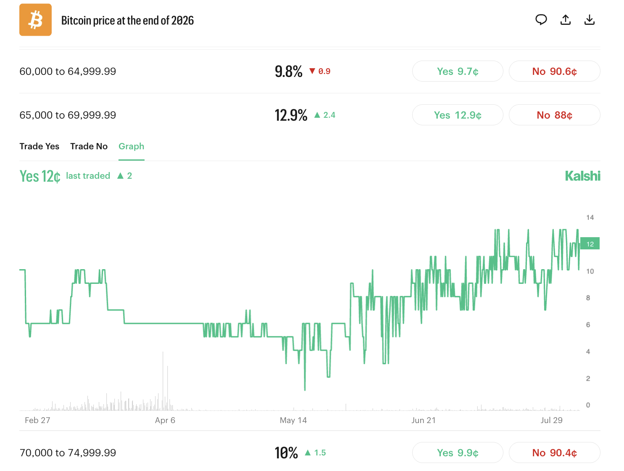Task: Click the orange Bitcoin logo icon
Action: [35, 20]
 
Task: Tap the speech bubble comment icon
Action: [541, 20]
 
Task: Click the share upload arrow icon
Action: [565, 20]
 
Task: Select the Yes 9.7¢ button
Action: [458, 71]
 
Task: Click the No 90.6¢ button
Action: [554, 71]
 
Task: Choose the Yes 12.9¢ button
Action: [458, 115]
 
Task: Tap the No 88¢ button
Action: [554, 115]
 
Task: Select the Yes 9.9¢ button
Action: [458, 452]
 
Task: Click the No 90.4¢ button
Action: [554, 452]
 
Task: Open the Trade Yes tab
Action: [39, 146]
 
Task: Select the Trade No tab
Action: [89, 146]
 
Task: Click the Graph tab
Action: [132, 146]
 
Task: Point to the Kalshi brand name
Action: [582, 176]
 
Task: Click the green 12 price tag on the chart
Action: [590, 243]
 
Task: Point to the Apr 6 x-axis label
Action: [165, 420]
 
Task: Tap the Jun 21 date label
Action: [423, 420]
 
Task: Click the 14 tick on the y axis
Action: [590, 217]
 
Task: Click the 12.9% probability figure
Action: [291, 115]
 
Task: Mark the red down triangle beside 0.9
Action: [312, 71]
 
